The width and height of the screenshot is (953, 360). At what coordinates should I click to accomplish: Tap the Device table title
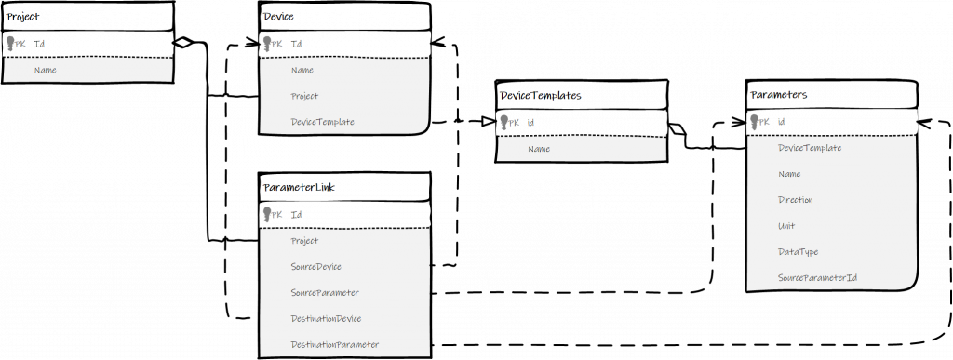click(275, 16)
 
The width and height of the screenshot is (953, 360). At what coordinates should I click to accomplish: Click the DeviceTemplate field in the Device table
click(323, 122)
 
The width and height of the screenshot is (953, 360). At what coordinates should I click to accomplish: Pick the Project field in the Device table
click(304, 96)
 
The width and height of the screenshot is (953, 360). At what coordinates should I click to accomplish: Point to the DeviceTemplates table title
click(541, 95)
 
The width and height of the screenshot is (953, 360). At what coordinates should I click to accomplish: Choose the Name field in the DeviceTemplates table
click(539, 149)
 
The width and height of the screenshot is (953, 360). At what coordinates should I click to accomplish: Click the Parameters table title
click(779, 95)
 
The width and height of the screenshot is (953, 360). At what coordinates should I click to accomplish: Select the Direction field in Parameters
click(796, 200)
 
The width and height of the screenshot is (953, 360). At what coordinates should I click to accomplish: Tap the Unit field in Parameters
click(786, 226)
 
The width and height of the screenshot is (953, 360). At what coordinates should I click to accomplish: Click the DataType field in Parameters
click(798, 252)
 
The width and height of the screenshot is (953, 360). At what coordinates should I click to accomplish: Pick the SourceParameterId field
click(817, 278)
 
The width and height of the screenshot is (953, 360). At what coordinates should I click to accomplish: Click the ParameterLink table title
click(300, 187)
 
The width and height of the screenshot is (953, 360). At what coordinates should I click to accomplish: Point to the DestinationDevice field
click(326, 318)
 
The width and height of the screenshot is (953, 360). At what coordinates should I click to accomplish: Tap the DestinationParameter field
click(334, 344)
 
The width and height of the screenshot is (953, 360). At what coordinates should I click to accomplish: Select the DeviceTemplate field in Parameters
click(810, 148)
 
